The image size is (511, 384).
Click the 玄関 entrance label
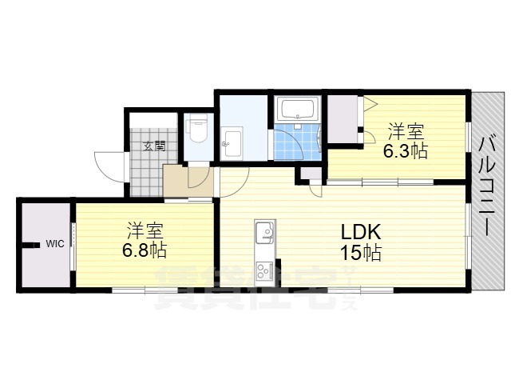click(154, 146)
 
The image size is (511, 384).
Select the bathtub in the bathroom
click(299, 110)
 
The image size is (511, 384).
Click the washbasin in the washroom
click(232, 142)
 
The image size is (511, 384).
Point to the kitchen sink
click(265, 233)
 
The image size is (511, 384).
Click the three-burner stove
click(265, 270)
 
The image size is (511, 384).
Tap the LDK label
click(361, 233)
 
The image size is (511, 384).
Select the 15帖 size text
click(361, 253)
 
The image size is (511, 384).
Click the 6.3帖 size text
click(405, 151)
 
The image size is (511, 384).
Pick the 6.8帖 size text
click(145, 250)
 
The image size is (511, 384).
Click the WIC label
click(55, 243)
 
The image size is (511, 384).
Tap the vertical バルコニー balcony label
click(488, 186)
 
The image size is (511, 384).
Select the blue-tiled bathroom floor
click(296, 142)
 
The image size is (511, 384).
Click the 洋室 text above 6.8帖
click(145, 230)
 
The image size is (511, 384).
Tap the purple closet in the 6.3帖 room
click(343, 119)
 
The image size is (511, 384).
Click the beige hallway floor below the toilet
click(188, 182)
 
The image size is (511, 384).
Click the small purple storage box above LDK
click(311, 173)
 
